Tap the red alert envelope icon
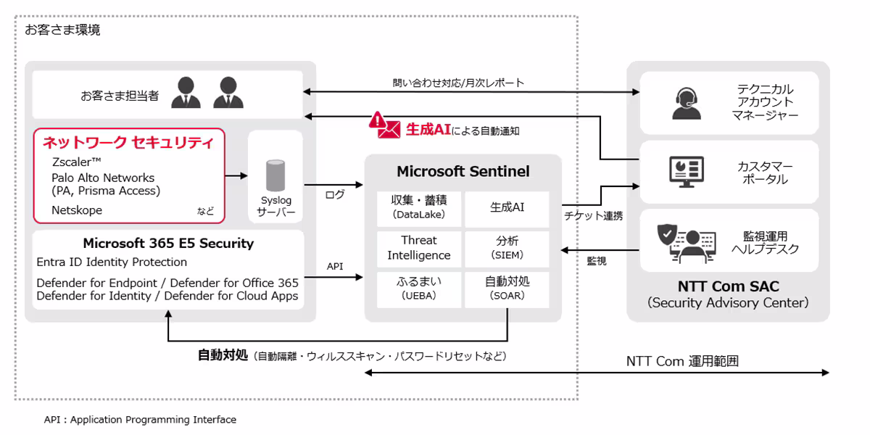[x=384, y=125]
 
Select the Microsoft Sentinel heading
[x=463, y=172]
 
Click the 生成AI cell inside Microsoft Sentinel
[x=507, y=207]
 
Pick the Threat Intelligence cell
[x=418, y=248]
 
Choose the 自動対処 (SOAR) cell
[x=507, y=288]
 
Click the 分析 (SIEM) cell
[x=507, y=248]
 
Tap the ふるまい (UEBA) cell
[x=418, y=288]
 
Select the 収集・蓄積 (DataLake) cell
[x=418, y=207]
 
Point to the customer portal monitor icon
[x=685, y=172]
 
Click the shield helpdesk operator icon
[x=685, y=242]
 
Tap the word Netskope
[x=77, y=210]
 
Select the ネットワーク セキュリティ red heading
[x=128, y=142]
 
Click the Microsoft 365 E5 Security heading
[x=168, y=243]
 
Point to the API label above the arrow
[x=335, y=266]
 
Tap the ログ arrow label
[x=335, y=195]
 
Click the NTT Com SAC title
[x=727, y=286]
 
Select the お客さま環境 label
[x=62, y=30]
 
